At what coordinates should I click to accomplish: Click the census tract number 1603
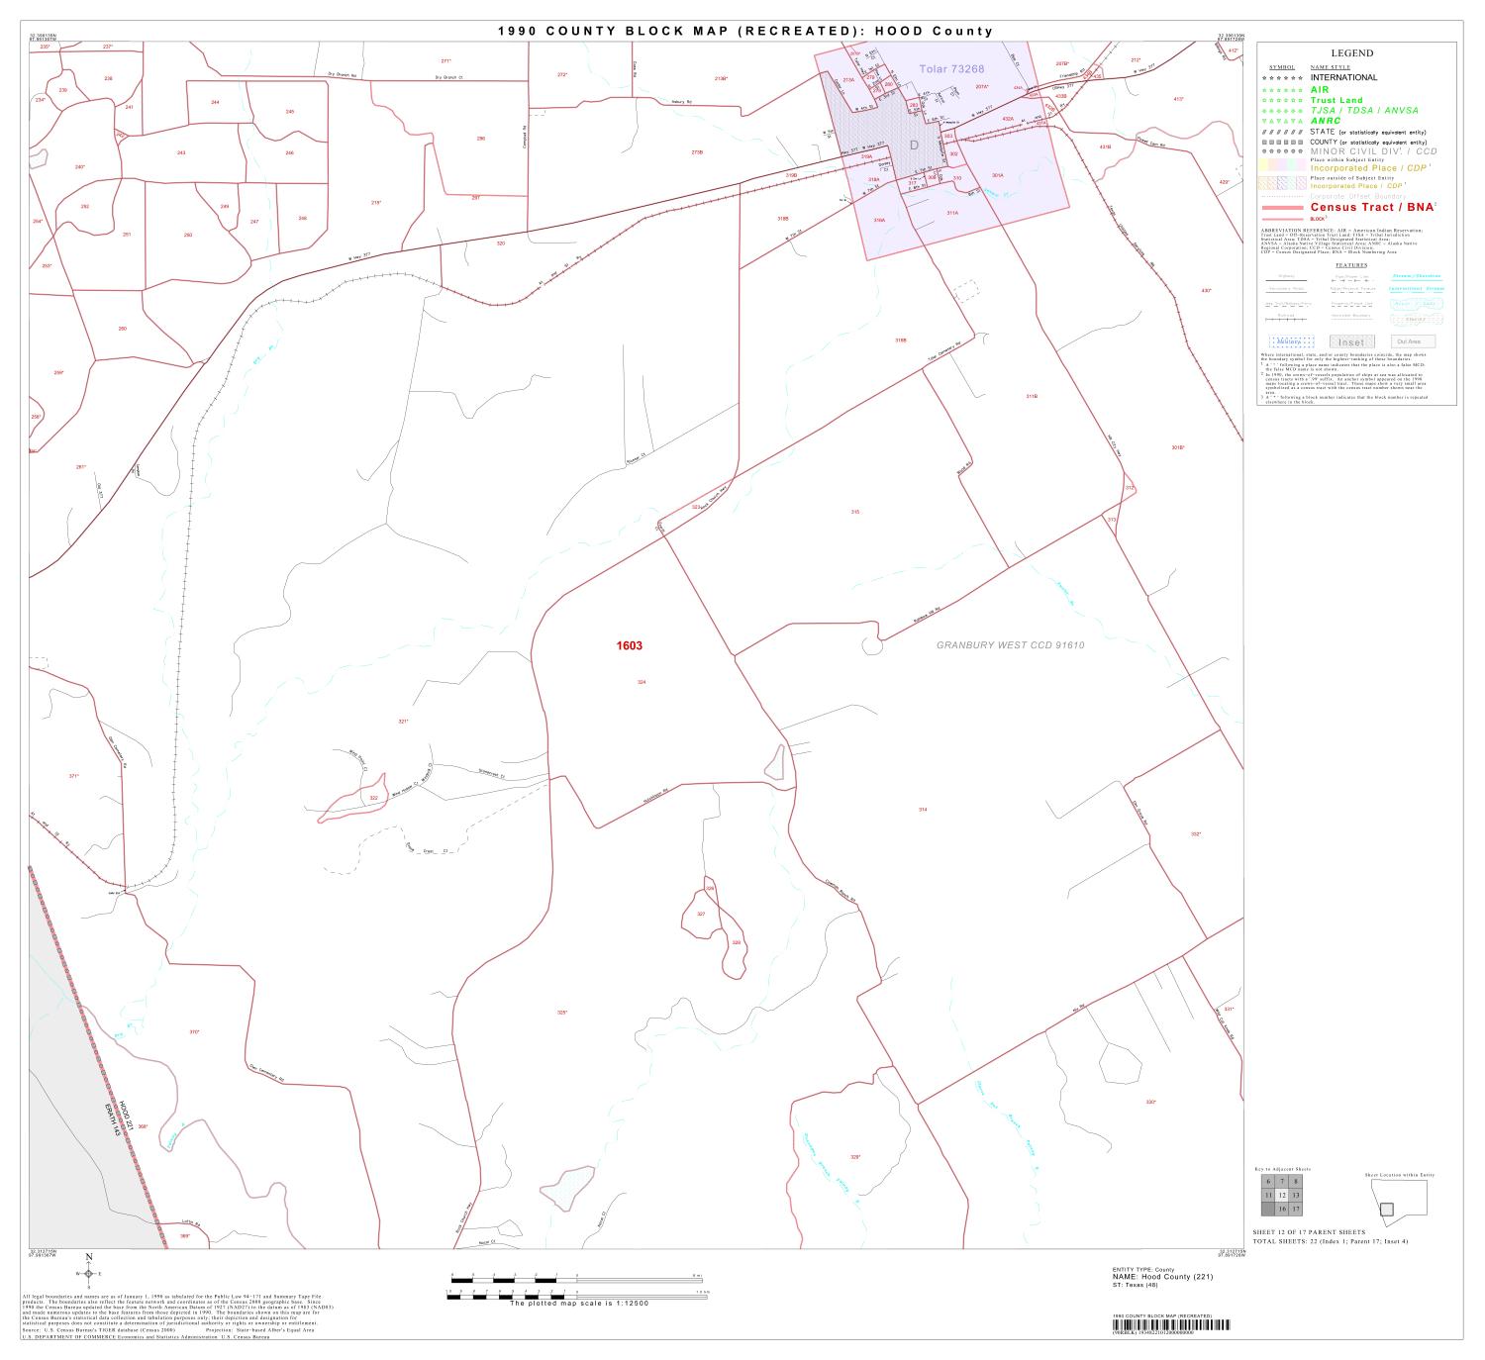[629, 646]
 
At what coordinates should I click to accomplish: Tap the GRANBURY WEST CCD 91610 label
[1011, 645]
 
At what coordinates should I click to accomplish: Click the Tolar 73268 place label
[951, 68]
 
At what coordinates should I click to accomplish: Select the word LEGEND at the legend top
[1351, 53]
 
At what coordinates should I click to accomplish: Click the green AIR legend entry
[1320, 89]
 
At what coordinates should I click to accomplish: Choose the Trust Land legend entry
[1336, 100]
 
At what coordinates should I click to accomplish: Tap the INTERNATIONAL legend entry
[1343, 77]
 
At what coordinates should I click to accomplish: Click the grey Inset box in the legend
[1350, 342]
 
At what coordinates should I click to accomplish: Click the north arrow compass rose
[88, 1273]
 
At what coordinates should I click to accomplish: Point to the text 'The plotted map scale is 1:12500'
[579, 1303]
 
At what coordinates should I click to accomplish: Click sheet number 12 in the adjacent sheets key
[1282, 1195]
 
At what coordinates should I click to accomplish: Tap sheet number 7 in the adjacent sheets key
[1282, 1182]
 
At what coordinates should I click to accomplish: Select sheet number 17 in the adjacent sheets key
[1296, 1209]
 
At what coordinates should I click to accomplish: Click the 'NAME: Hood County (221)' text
[1162, 1277]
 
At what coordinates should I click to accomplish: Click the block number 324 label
[642, 683]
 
